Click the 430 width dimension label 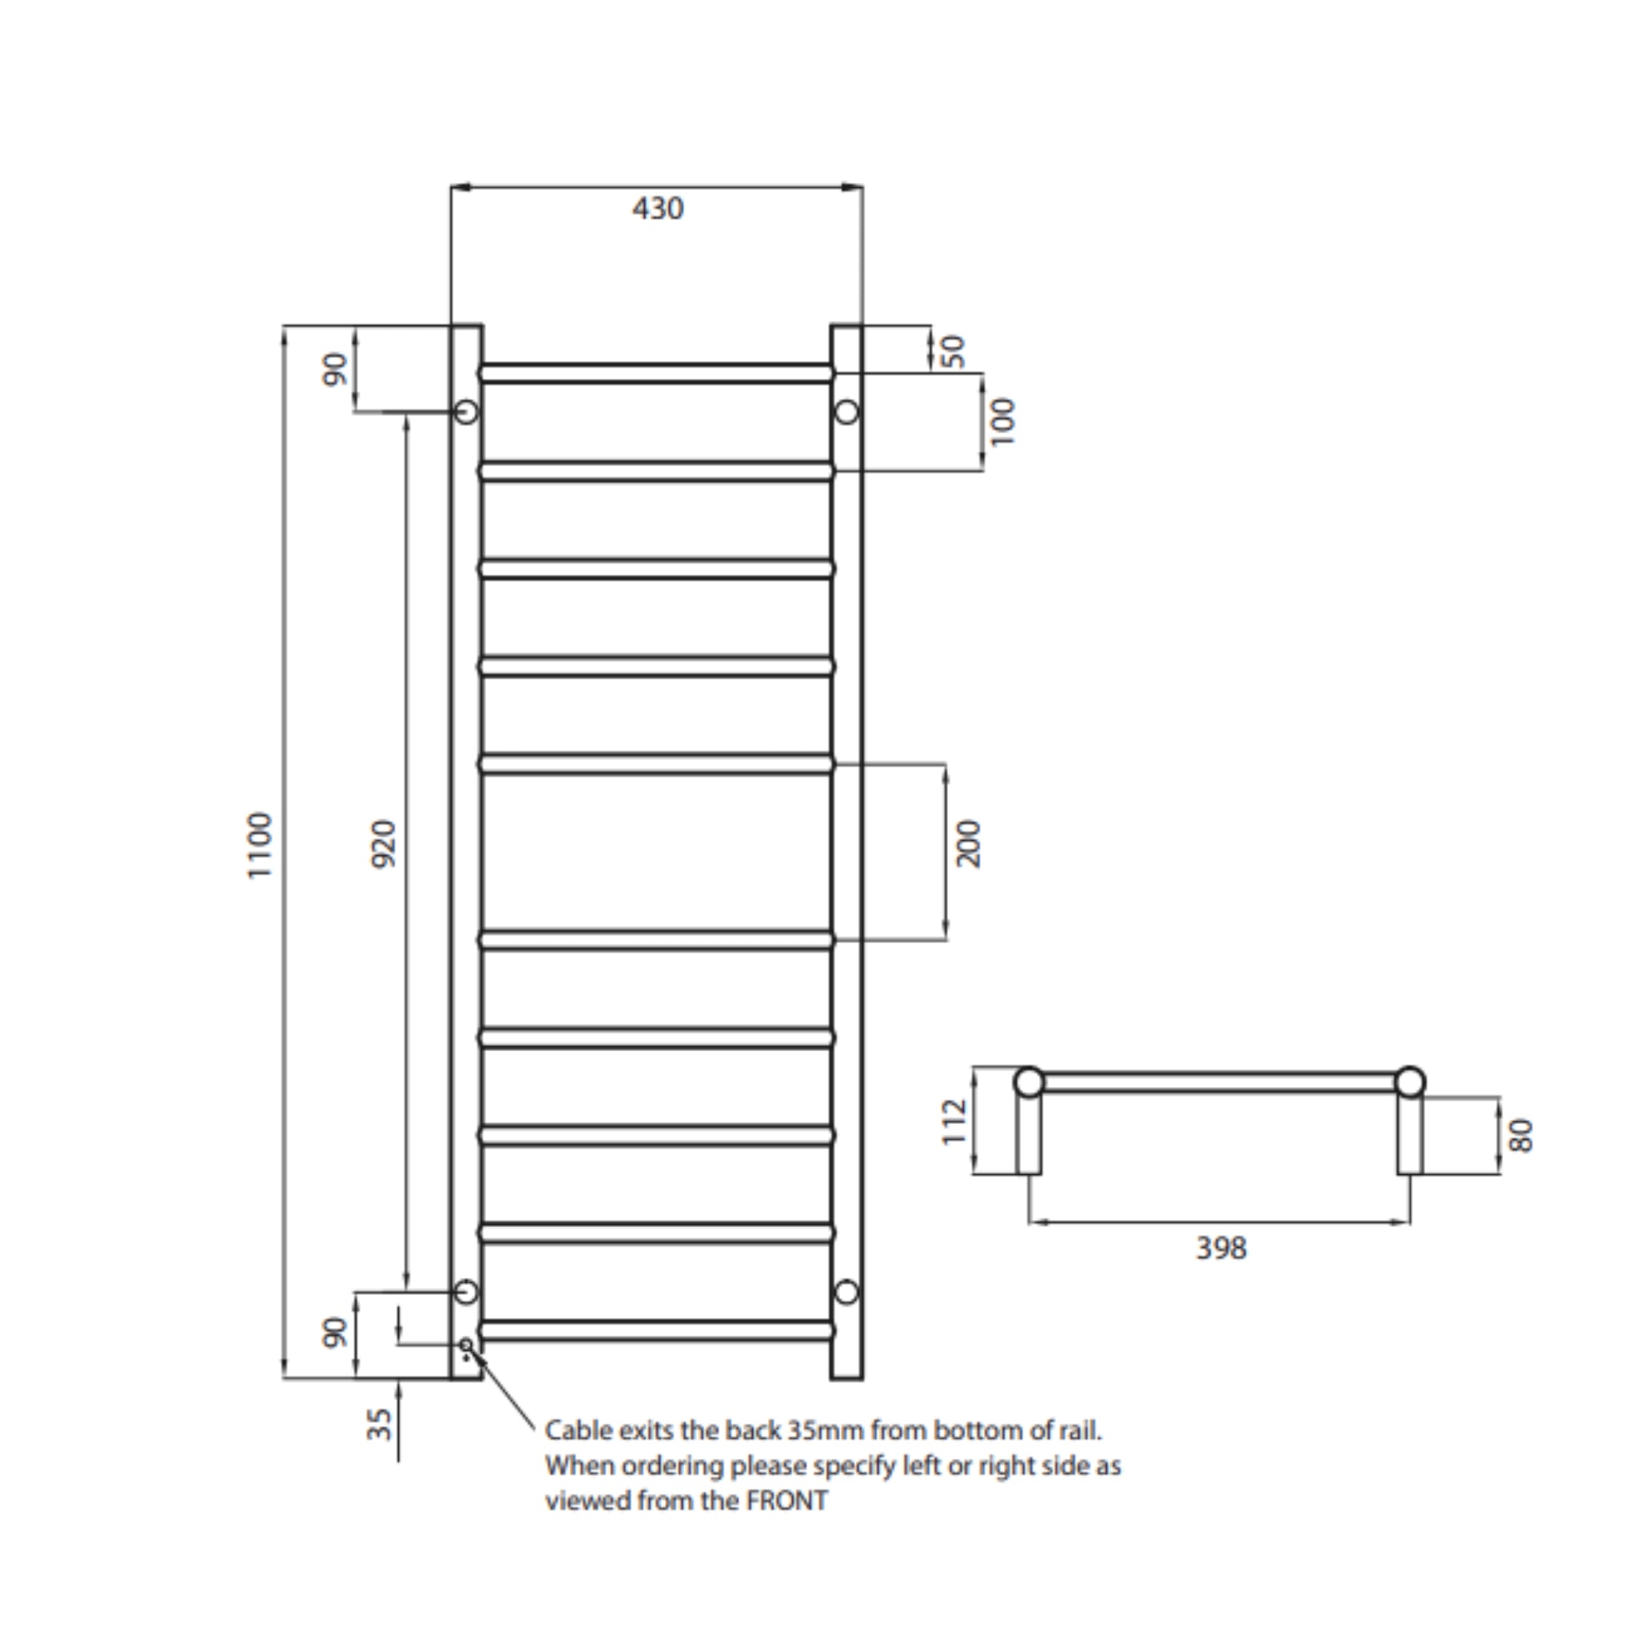pyautogui.click(x=658, y=209)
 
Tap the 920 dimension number pyautogui.click(x=384, y=843)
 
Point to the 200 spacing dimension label pyautogui.click(x=968, y=843)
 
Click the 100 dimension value pyautogui.click(x=1002, y=421)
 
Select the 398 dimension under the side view pyautogui.click(x=1221, y=1248)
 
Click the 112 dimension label pyautogui.click(x=955, y=1121)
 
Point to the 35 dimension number pyautogui.click(x=380, y=1424)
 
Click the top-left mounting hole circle pyautogui.click(x=466, y=412)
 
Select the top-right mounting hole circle pyautogui.click(x=846, y=412)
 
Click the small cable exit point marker pyautogui.click(x=466, y=1344)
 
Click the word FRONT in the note pyautogui.click(x=787, y=1501)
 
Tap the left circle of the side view pyautogui.click(x=1029, y=1082)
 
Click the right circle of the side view pyautogui.click(x=1410, y=1082)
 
